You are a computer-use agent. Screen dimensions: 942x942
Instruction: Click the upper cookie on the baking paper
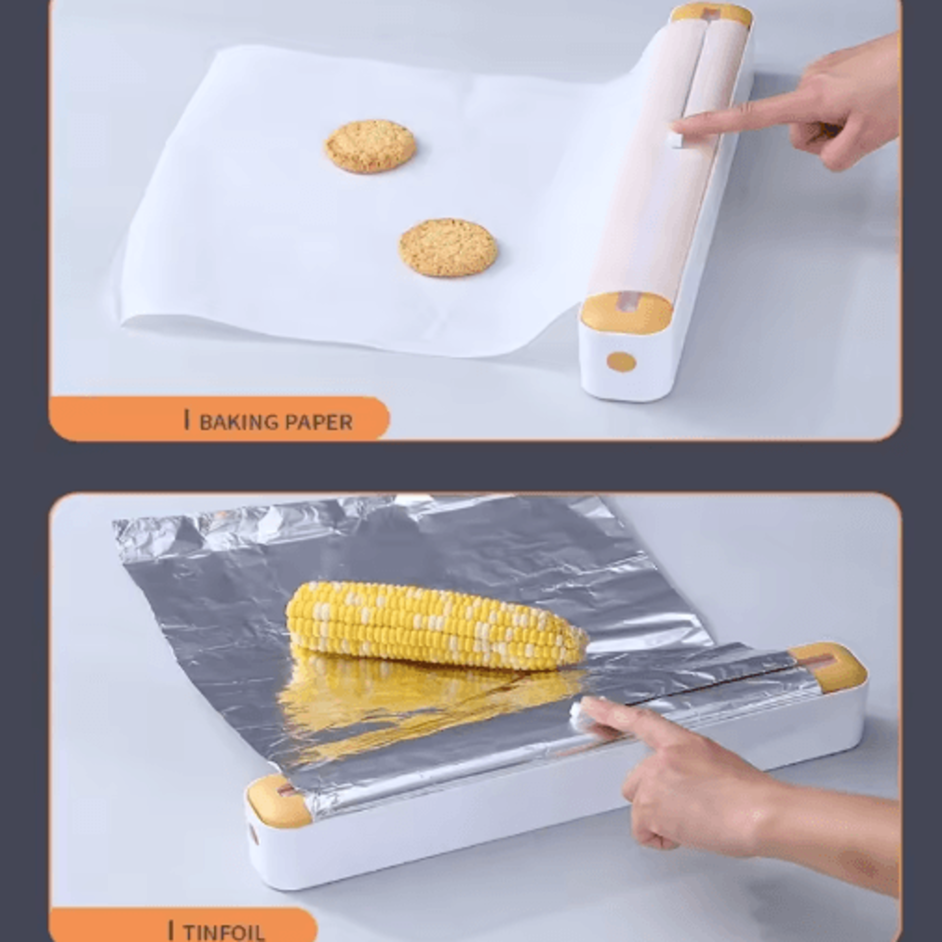370,146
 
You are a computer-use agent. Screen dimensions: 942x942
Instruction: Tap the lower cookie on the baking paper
448,248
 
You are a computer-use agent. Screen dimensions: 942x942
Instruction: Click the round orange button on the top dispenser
621,362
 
